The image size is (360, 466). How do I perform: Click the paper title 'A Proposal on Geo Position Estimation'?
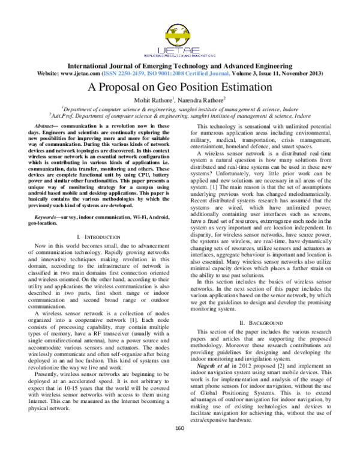tap(179, 86)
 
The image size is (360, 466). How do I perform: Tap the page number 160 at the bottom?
tap(179, 444)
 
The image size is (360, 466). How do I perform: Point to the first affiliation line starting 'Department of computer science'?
tap(179, 109)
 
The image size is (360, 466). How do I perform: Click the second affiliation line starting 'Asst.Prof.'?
tap(179, 116)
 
